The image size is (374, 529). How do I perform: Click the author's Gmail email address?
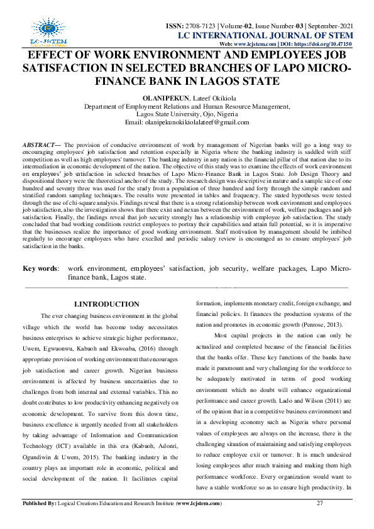[196, 123]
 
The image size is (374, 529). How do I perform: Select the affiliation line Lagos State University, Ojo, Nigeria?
[187, 114]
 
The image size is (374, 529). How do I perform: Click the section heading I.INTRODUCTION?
[106, 304]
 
